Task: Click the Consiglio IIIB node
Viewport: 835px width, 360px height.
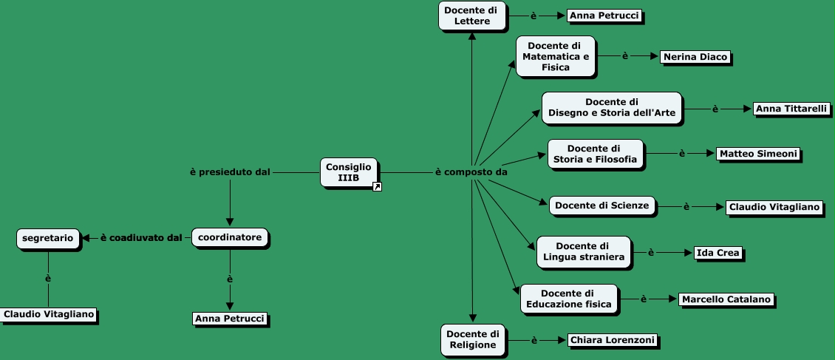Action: coord(349,171)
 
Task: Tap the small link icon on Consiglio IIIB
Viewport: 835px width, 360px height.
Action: coord(377,187)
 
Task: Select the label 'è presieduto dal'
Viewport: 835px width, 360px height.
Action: coord(230,172)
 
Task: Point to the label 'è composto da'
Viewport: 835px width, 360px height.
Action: coord(471,172)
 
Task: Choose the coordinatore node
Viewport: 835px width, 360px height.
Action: coord(230,238)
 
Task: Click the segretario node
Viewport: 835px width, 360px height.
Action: coord(48,238)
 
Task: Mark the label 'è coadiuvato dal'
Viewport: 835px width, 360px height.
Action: coord(140,238)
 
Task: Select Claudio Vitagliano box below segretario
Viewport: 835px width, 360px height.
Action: coord(49,314)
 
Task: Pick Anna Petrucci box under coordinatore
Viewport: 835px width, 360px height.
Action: coord(229,319)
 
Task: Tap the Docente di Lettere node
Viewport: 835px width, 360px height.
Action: coord(471,16)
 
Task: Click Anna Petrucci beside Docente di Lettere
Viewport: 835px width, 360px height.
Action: coord(604,15)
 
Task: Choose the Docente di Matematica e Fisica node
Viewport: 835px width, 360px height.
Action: coord(556,56)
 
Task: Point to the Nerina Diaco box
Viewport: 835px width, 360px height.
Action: coord(695,56)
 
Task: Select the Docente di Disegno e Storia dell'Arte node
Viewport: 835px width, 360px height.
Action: coord(611,107)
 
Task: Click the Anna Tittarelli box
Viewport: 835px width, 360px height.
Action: coord(791,109)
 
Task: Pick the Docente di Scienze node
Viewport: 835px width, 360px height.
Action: coord(602,205)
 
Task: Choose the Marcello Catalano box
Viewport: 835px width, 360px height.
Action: coord(726,299)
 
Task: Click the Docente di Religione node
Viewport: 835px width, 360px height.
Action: coord(473,340)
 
